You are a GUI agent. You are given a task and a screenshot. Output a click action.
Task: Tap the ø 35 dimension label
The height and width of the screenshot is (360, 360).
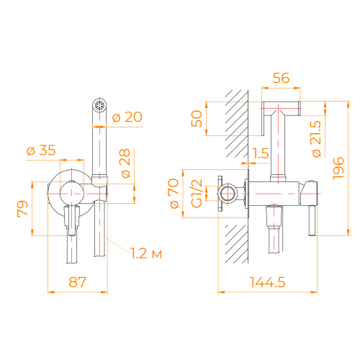[42, 151]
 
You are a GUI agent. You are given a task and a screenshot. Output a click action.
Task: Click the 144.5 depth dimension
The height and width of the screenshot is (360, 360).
[269, 282]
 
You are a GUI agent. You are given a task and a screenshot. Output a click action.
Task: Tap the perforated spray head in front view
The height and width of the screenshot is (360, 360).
[101, 106]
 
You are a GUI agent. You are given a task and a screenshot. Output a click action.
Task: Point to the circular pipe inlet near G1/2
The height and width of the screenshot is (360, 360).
[229, 194]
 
